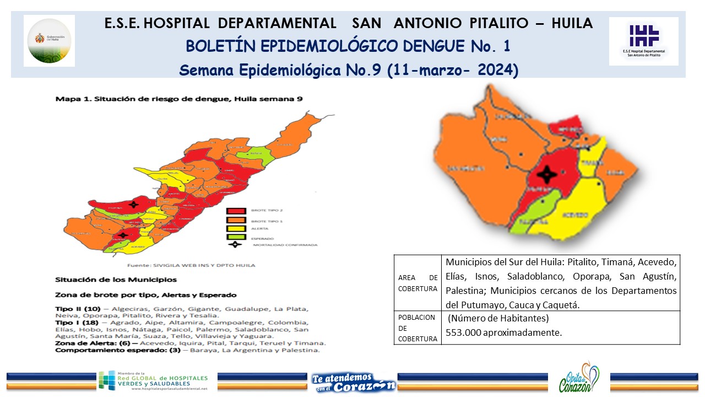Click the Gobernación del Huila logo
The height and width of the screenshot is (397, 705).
pyautogui.click(x=50, y=40)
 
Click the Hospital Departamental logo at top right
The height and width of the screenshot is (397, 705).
pyautogui.click(x=643, y=41)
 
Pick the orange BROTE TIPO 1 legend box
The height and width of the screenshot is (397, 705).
pyautogui.click(x=236, y=220)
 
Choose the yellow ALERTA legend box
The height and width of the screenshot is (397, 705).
pyautogui.click(x=236, y=229)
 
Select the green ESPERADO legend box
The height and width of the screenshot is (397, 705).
pyautogui.click(x=236, y=237)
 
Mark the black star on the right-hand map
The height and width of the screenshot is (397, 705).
pyautogui.click(x=547, y=175)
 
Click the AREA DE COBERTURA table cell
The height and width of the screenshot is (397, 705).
pyautogui.click(x=417, y=283)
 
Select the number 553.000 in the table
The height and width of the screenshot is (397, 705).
pyautogui.click(x=465, y=332)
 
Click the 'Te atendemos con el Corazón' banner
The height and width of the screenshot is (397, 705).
pyautogui.click(x=353, y=381)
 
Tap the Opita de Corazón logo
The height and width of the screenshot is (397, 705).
pyautogui.click(x=578, y=379)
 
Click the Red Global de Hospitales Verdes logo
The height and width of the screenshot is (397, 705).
pyautogui.click(x=154, y=381)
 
